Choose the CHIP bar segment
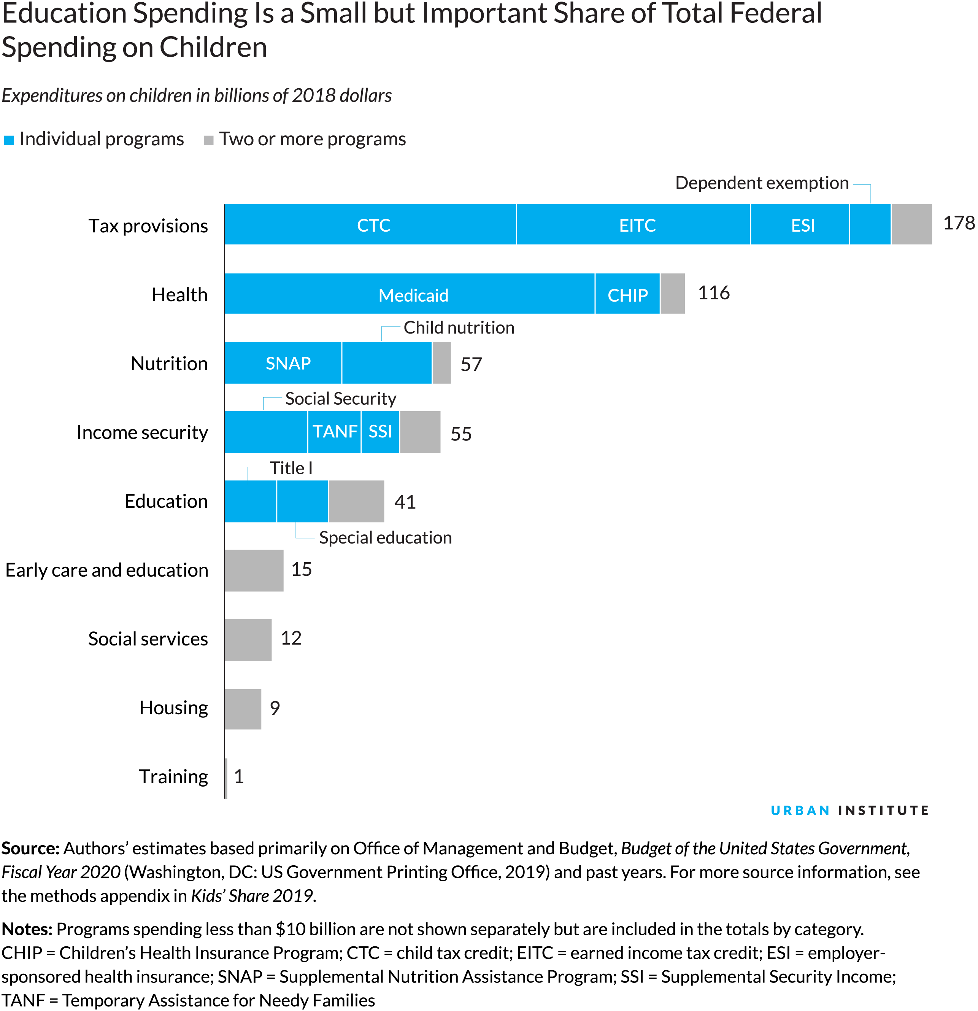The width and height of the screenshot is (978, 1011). pyautogui.click(x=627, y=294)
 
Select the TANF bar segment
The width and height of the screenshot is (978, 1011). pyautogui.click(x=335, y=432)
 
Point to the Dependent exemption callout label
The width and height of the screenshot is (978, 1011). pyautogui.click(x=762, y=183)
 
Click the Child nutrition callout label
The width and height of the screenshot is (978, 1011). pyautogui.click(x=459, y=327)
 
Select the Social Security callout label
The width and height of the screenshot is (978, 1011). pyautogui.click(x=341, y=399)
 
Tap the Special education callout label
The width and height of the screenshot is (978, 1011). pyautogui.click(x=385, y=538)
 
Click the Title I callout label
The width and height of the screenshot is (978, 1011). pyautogui.click(x=291, y=468)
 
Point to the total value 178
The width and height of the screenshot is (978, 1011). pyautogui.click(x=958, y=223)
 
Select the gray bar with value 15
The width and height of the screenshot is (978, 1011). pyautogui.click(x=254, y=571)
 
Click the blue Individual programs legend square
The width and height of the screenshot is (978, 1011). pyautogui.click(x=9, y=140)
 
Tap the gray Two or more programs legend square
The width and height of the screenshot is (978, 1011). pyautogui.click(x=209, y=140)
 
